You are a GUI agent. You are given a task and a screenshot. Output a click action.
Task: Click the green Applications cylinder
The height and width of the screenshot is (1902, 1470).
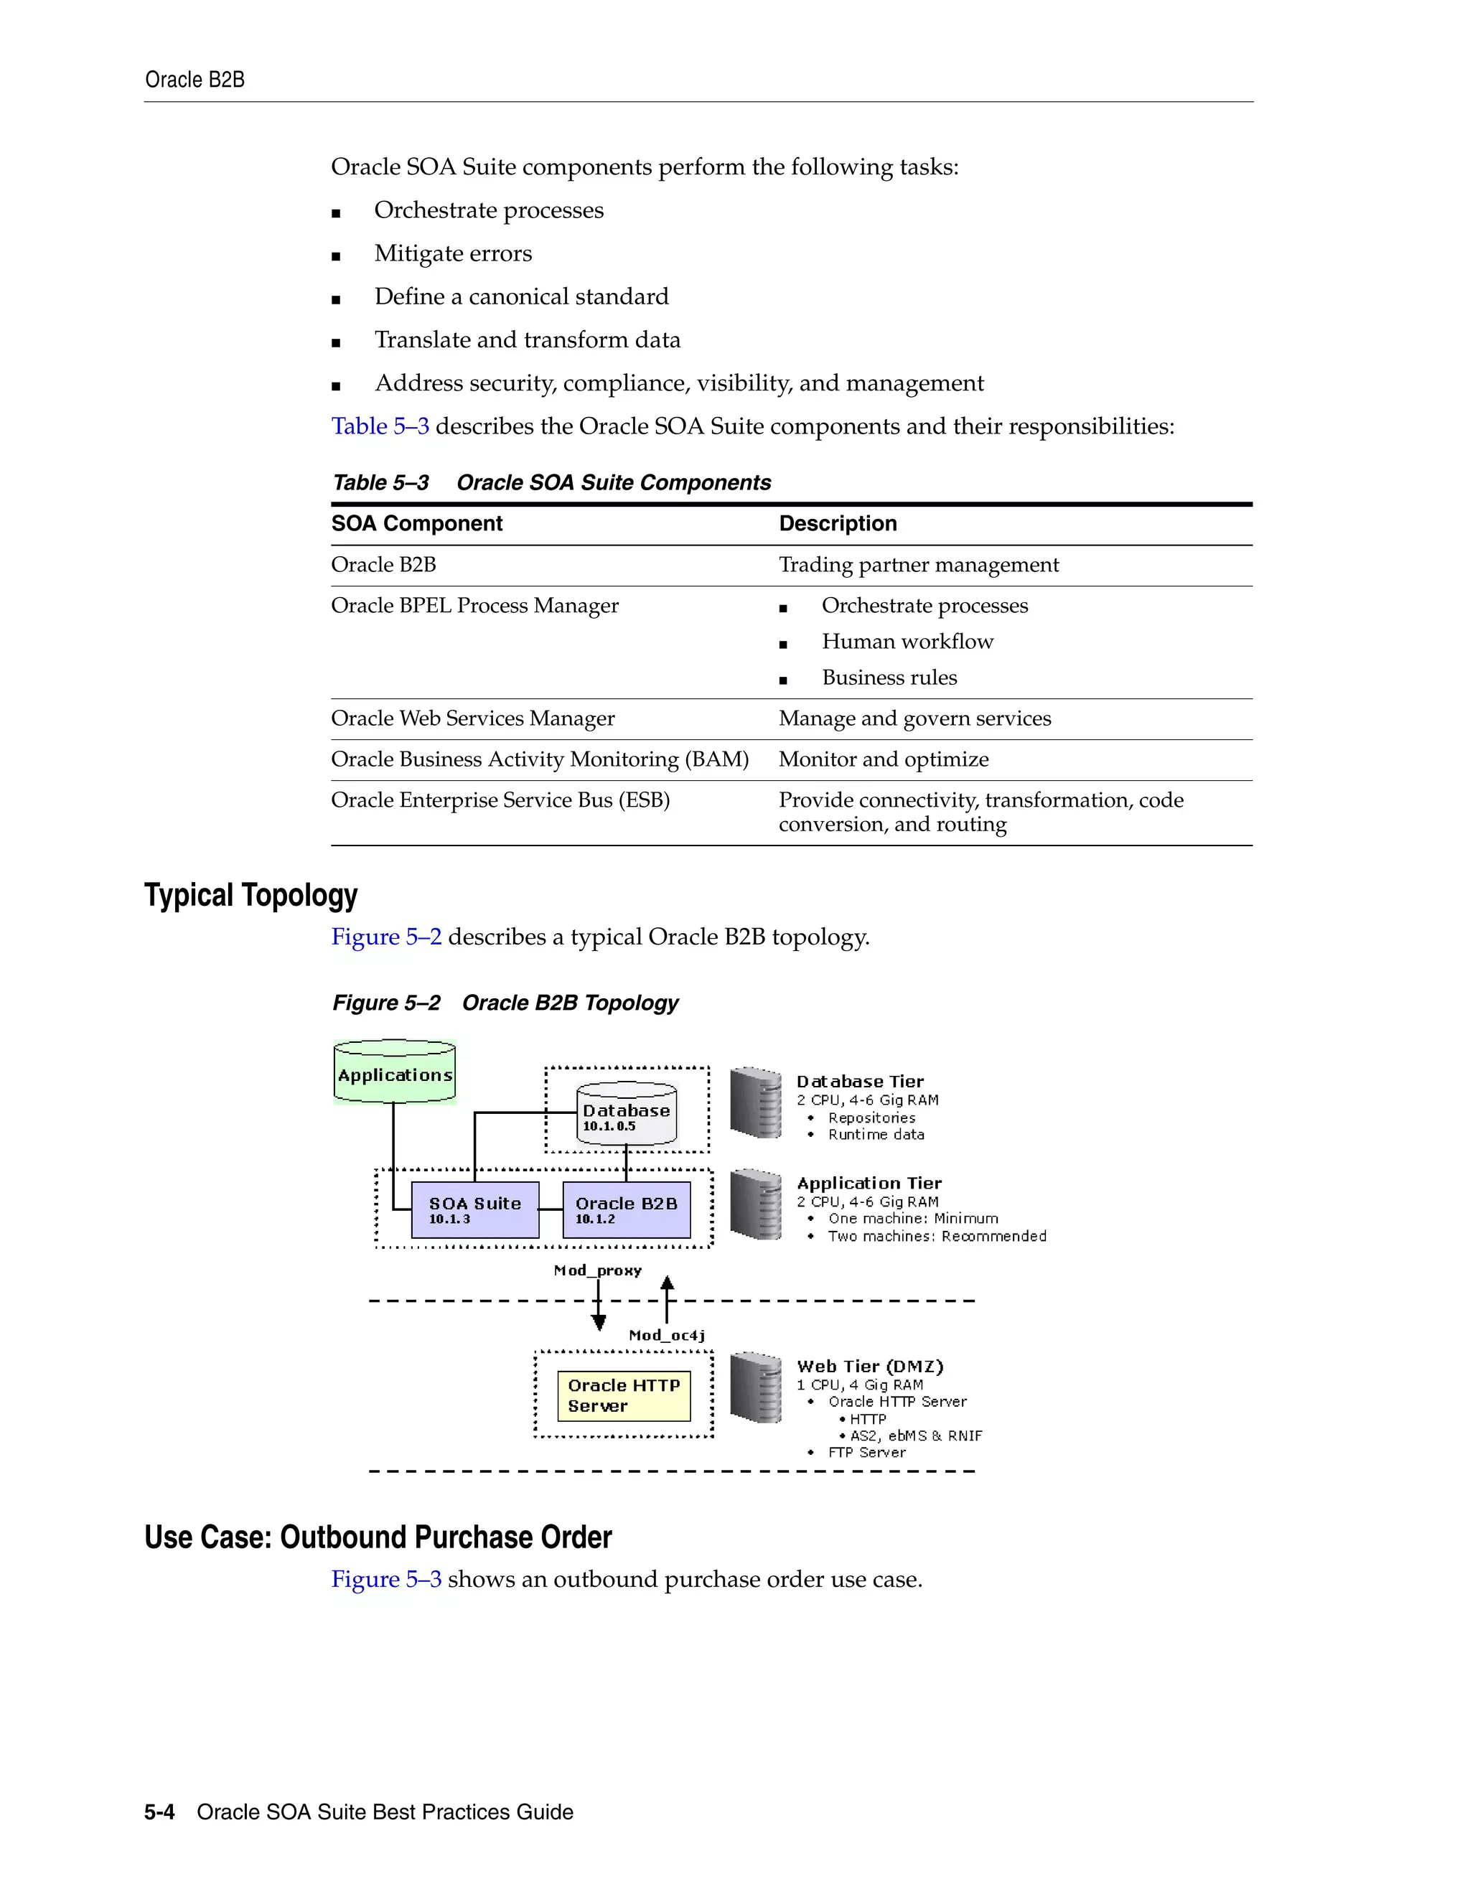[395, 1073]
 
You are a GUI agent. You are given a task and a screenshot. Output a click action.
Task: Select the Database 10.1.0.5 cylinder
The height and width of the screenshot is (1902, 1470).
[626, 1114]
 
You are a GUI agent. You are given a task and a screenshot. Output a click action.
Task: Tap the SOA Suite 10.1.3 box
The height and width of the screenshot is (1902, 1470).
[474, 1209]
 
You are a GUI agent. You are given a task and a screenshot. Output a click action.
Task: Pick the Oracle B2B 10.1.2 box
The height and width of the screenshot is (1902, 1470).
[626, 1209]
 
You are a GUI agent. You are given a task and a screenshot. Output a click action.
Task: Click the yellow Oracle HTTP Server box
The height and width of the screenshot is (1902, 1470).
[624, 1395]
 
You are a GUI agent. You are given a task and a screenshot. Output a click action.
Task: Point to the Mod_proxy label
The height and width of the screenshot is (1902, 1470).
[597, 1270]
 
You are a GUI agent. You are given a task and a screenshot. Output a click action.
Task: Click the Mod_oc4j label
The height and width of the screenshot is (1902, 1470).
[667, 1335]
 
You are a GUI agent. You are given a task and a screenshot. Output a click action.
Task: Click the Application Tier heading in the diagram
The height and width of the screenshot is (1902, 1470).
[869, 1183]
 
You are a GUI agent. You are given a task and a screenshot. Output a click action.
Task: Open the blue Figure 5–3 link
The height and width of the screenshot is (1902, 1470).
[385, 1579]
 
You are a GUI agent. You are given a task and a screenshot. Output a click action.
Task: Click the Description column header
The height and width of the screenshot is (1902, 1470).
[838, 523]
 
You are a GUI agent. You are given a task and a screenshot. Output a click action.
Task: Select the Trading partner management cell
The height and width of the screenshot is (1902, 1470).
[919, 565]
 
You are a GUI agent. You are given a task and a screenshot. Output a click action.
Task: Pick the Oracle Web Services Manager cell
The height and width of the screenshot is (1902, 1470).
[473, 718]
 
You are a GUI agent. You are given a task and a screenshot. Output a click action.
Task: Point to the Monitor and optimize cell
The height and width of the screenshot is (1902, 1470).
[884, 759]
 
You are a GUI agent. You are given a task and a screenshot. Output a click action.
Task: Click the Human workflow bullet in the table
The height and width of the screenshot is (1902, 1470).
[907, 642]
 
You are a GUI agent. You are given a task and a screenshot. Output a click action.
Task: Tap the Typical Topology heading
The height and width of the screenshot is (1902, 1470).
[251, 895]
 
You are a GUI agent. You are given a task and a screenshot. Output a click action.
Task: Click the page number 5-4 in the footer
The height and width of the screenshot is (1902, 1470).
[159, 1812]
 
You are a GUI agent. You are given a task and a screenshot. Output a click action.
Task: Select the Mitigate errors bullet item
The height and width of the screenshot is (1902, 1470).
[453, 253]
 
